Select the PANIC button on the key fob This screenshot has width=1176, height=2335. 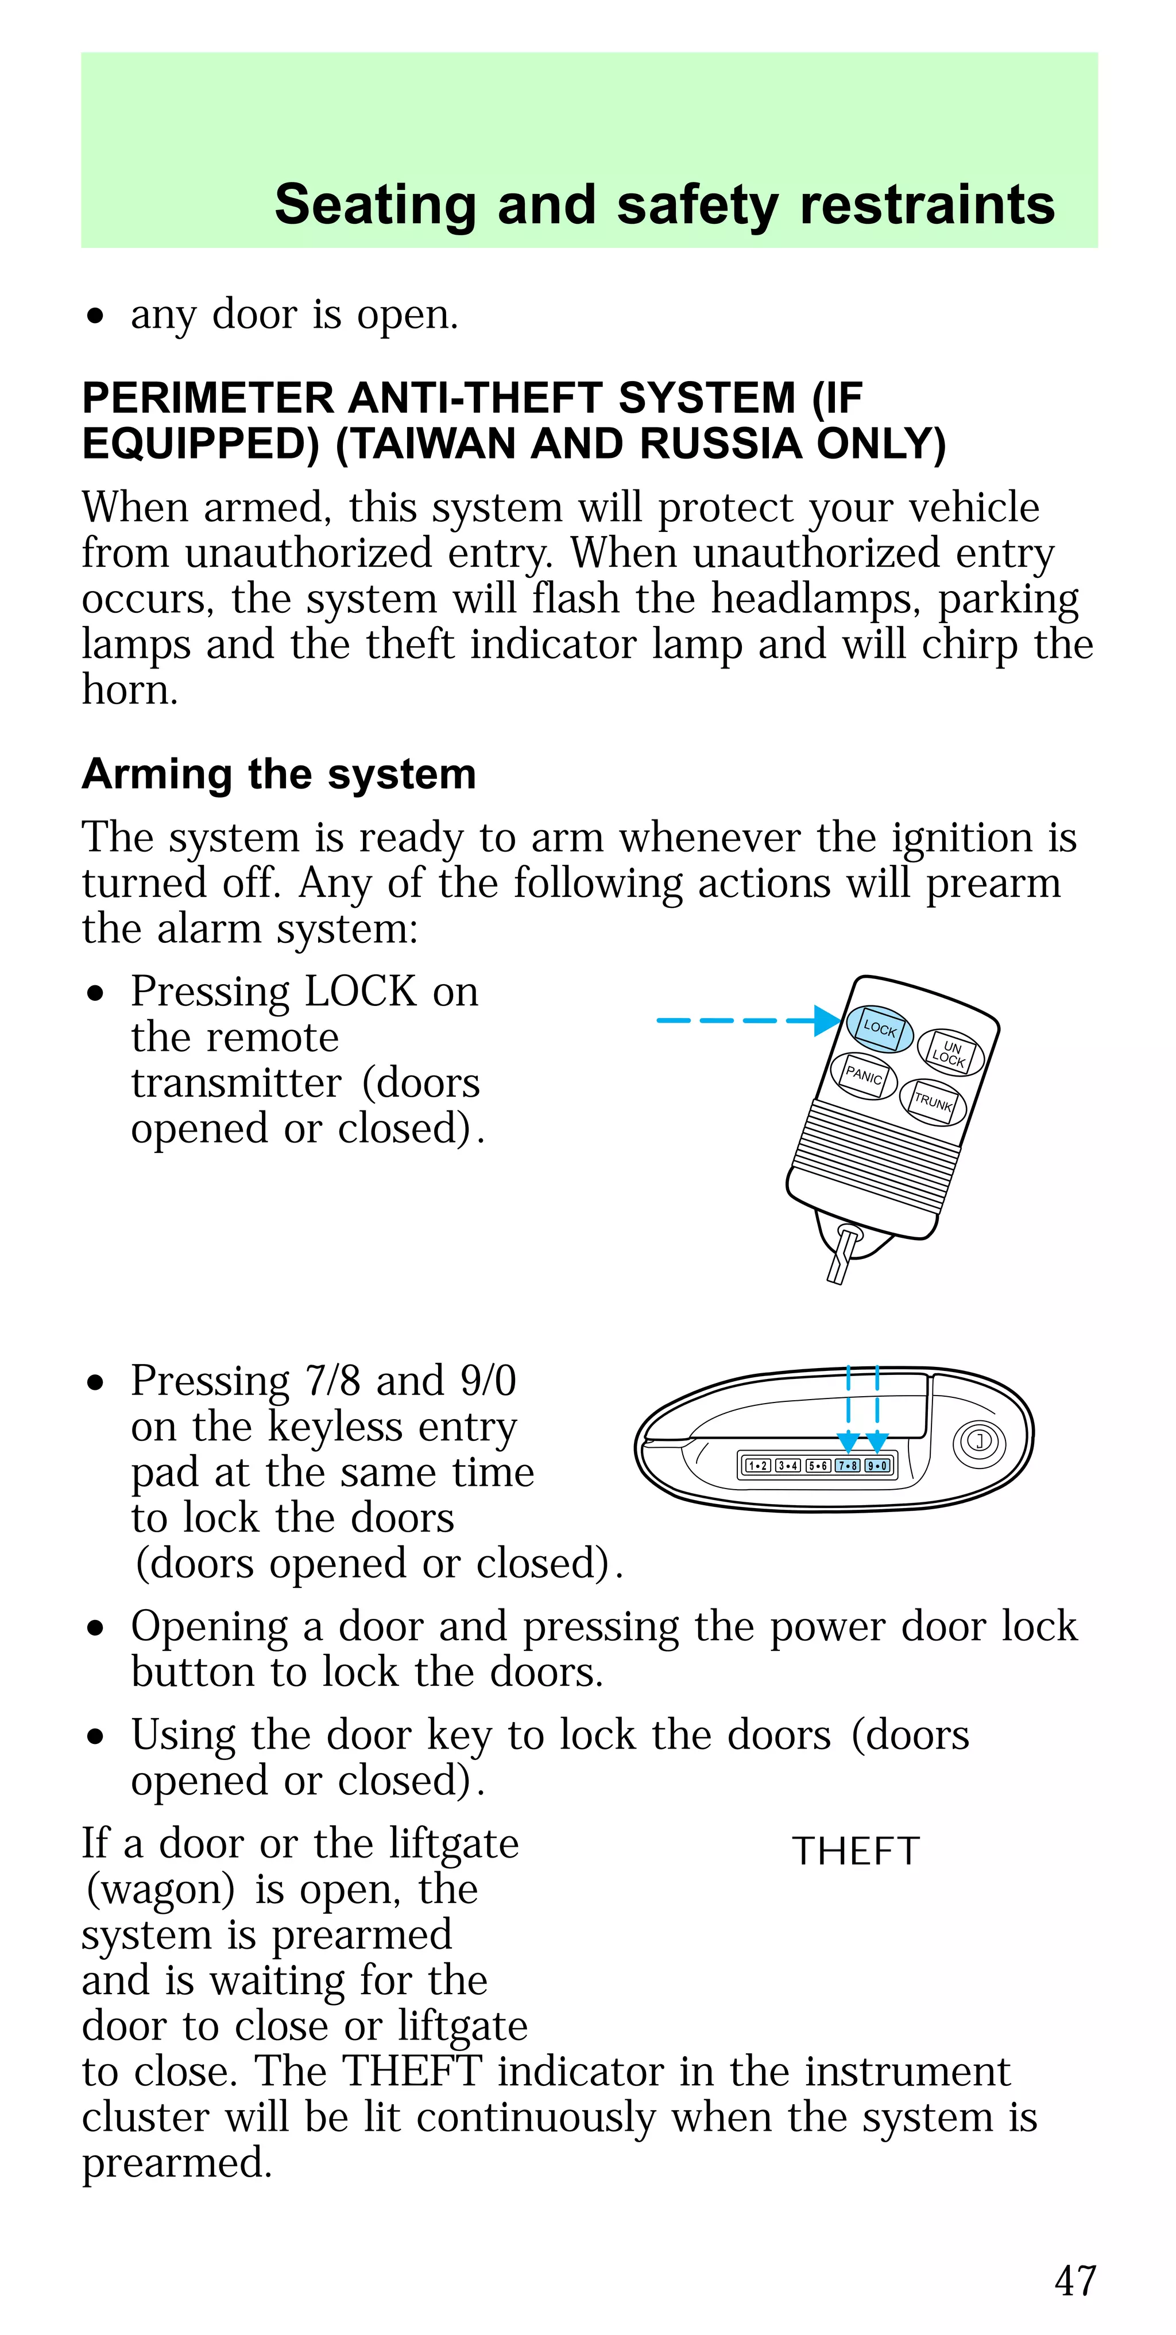tap(863, 1076)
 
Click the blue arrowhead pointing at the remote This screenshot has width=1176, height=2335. tap(827, 1021)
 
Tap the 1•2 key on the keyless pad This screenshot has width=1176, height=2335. tap(757, 1466)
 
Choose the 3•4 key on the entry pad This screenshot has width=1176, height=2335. tap(787, 1466)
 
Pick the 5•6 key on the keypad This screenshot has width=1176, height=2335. tap(818, 1466)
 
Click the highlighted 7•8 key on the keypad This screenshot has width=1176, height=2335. tap(848, 1466)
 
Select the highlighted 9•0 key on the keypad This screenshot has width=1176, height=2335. tap(877, 1466)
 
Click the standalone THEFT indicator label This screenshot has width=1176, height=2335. tap(856, 1852)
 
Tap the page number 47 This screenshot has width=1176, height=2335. tap(1076, 2280)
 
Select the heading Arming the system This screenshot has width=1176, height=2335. tap(279, 774)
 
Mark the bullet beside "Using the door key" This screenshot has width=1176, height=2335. tap(96, 1738)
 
